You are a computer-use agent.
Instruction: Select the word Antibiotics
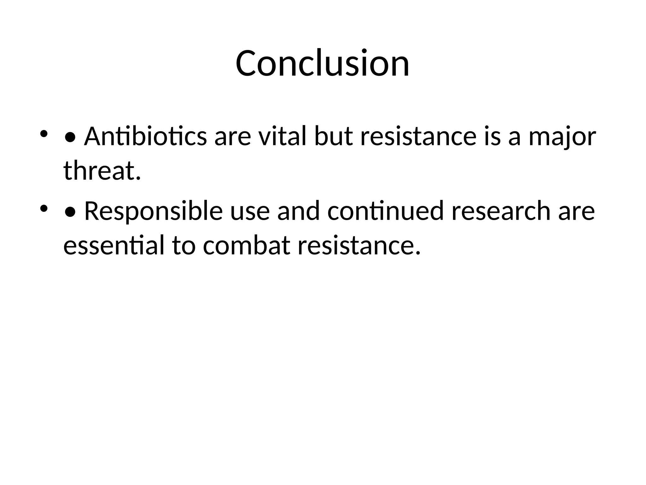point(145,136)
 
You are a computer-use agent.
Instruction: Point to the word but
point(333,136)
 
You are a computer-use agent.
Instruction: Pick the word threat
point(102,171)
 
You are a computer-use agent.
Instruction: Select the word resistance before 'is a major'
point(418,136)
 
